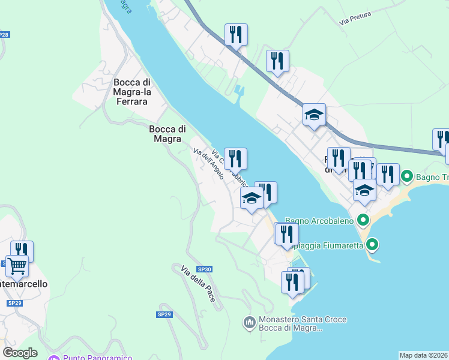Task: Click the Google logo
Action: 20,353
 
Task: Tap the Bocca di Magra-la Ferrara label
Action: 130,92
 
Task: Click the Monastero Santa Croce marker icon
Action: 250,323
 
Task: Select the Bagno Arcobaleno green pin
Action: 363,220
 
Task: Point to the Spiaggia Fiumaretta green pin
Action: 373,244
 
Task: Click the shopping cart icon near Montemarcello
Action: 17,265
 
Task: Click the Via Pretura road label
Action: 355,18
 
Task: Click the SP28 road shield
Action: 4,35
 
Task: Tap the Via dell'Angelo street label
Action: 208,164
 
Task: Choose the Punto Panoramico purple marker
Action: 53,359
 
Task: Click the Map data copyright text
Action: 424,355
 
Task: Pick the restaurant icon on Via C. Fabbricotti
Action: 236,158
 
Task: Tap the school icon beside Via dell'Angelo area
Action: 252,198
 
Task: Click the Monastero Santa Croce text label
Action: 302,324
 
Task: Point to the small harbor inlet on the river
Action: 240,92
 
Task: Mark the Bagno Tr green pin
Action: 406,176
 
